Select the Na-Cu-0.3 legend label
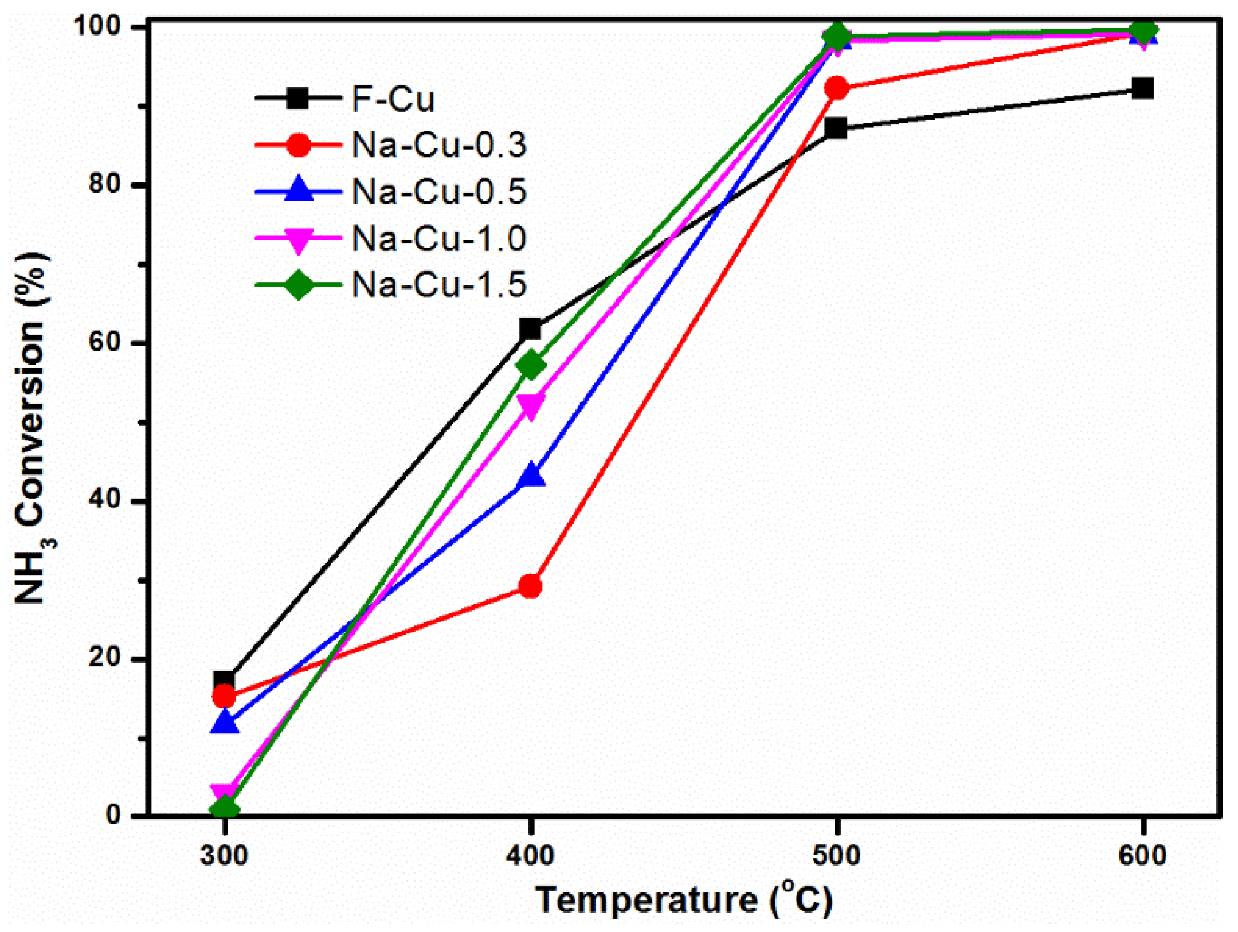pyautogui.click(x=438, y=145)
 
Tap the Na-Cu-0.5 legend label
pyautogui.click(x=438, y=191)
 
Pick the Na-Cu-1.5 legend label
pyautogui.click(x=438, y=284)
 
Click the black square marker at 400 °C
pyautogui.click(x=530, y=329)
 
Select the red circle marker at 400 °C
pyautogui.click(x=530, y=586)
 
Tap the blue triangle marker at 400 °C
pyautogui.click(x=530, y=475)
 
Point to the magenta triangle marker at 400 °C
pyautogui.click(x=530, y=406)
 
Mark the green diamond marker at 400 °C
pyautogui.click(x=530, y=365)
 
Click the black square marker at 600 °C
pyautogui.click(x=1142, y=89)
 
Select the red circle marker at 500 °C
pyautogui.click(x=837, y=88)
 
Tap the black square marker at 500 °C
pyautogui.click(x=837, y=128)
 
